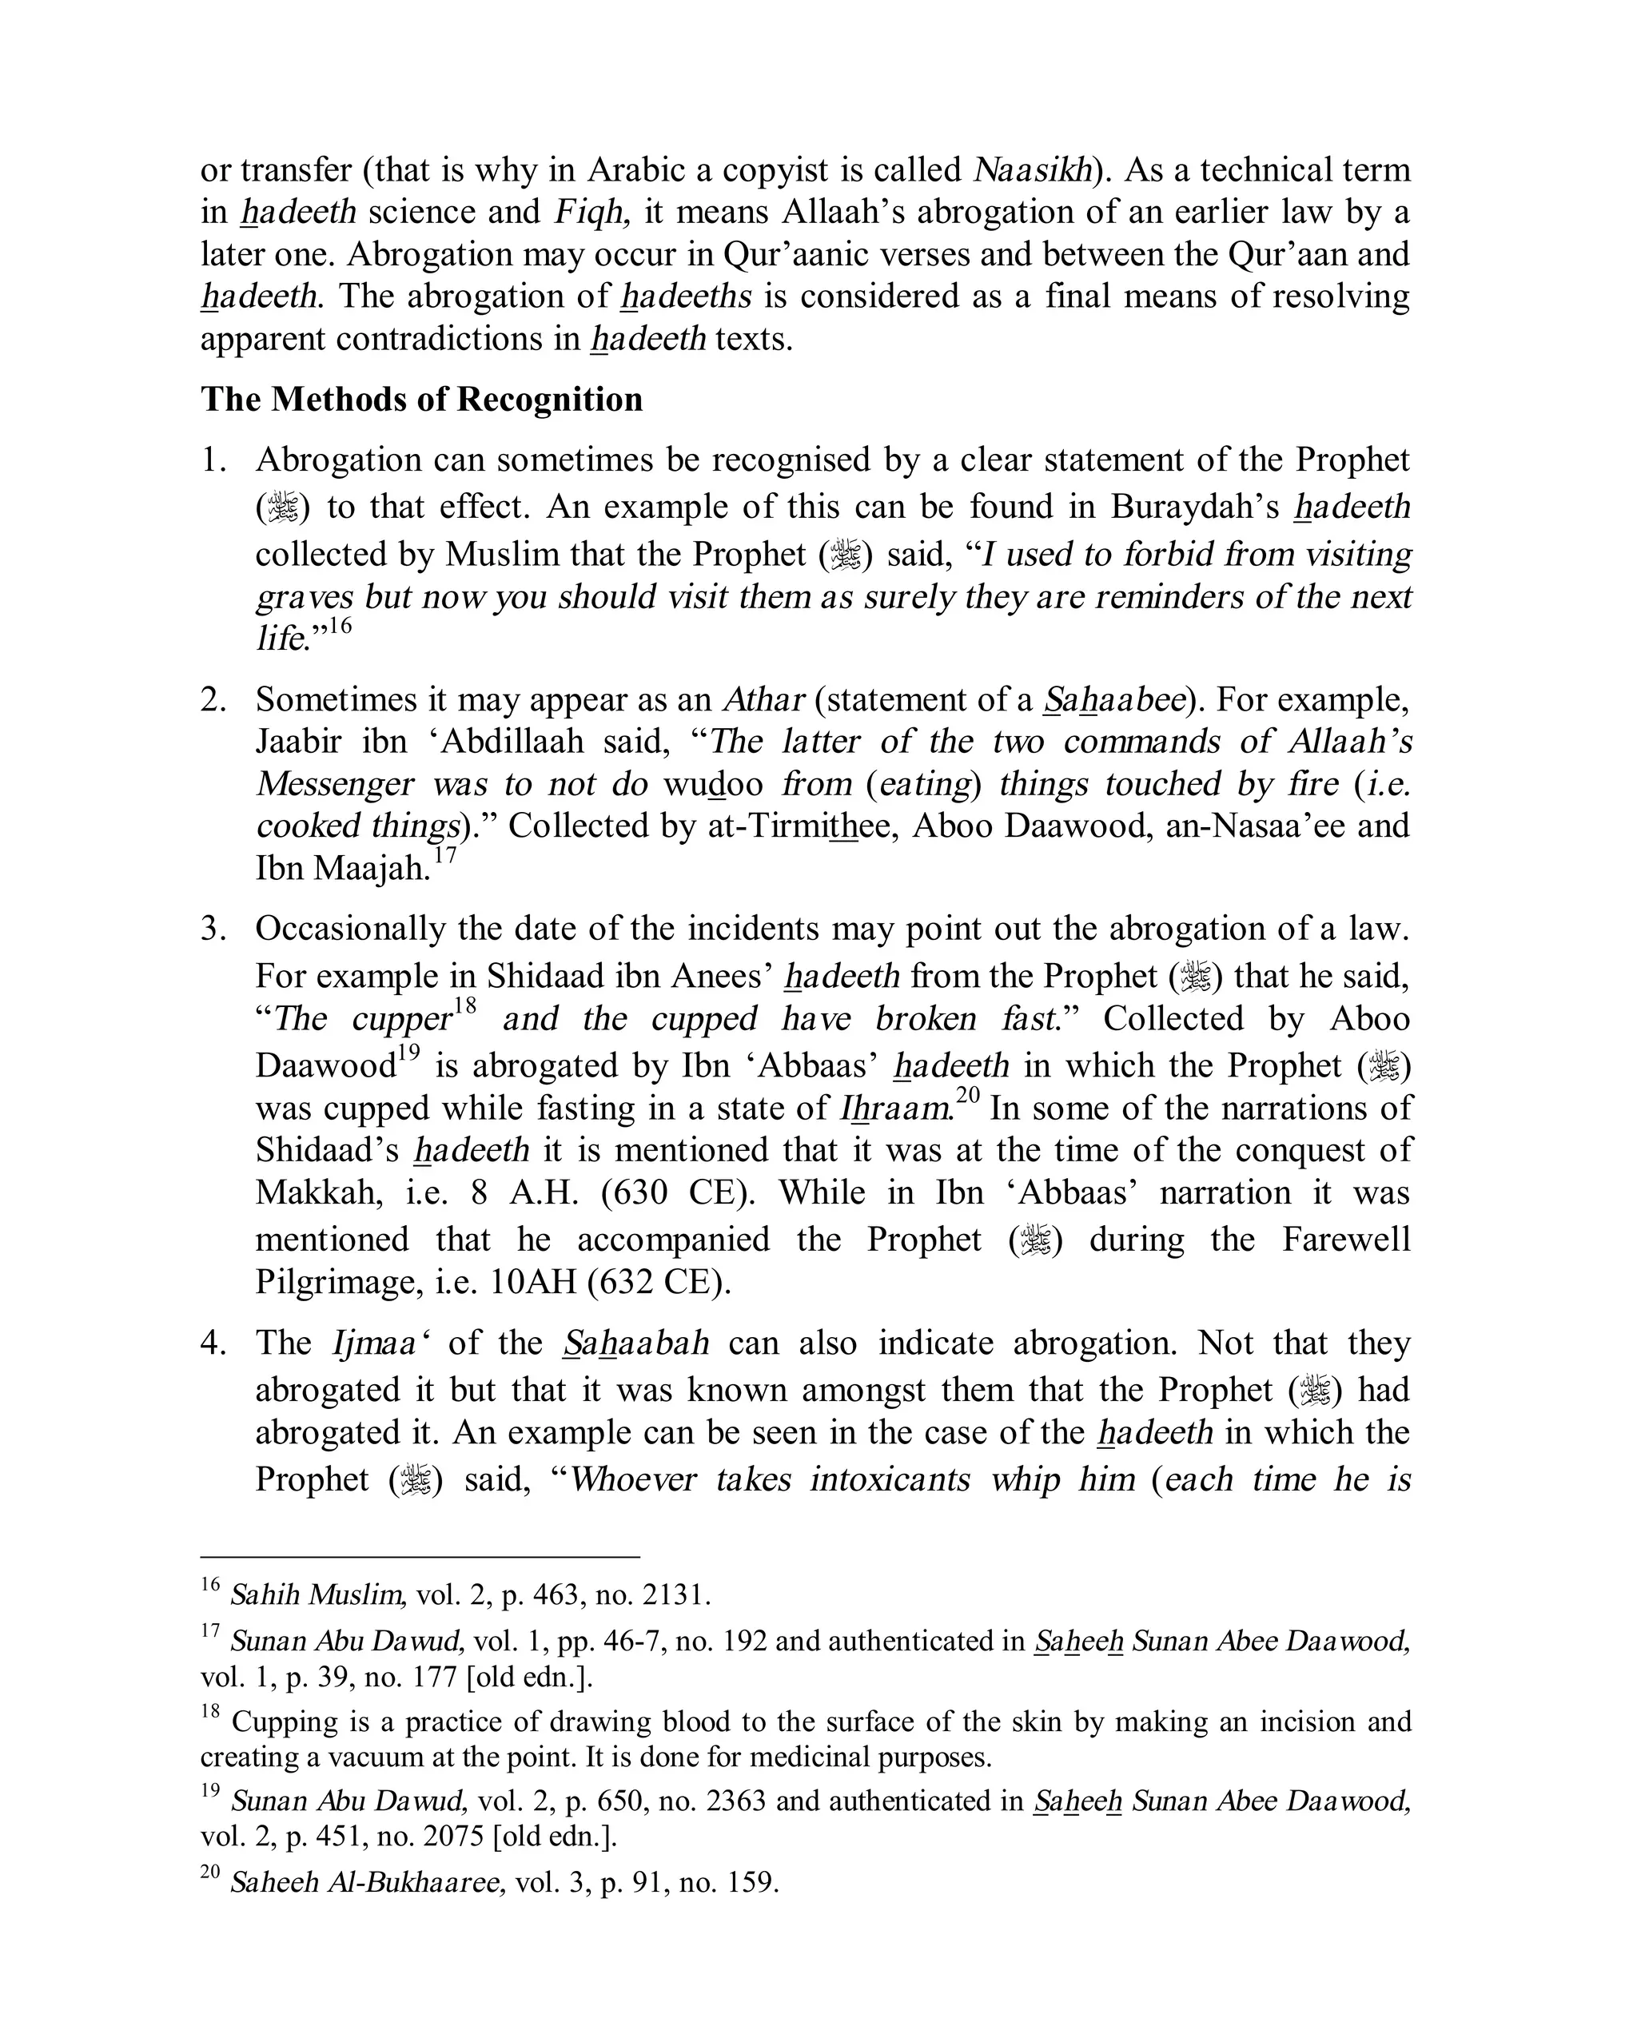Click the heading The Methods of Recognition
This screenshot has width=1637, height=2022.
coord(420,400)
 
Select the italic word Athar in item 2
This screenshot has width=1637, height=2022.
coord(763,699)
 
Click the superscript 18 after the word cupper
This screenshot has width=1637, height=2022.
coord(465,1006)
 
